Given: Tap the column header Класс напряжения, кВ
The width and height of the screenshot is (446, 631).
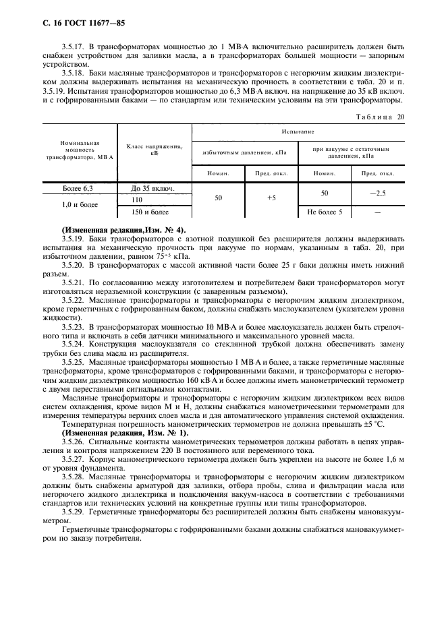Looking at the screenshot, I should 155,150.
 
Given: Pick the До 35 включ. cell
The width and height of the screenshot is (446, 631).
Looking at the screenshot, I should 155,189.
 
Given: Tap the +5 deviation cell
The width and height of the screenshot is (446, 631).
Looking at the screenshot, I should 271,199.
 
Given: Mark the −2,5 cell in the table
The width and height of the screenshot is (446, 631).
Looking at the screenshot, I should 377,193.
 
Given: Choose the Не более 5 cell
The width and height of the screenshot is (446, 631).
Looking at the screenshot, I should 325,212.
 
